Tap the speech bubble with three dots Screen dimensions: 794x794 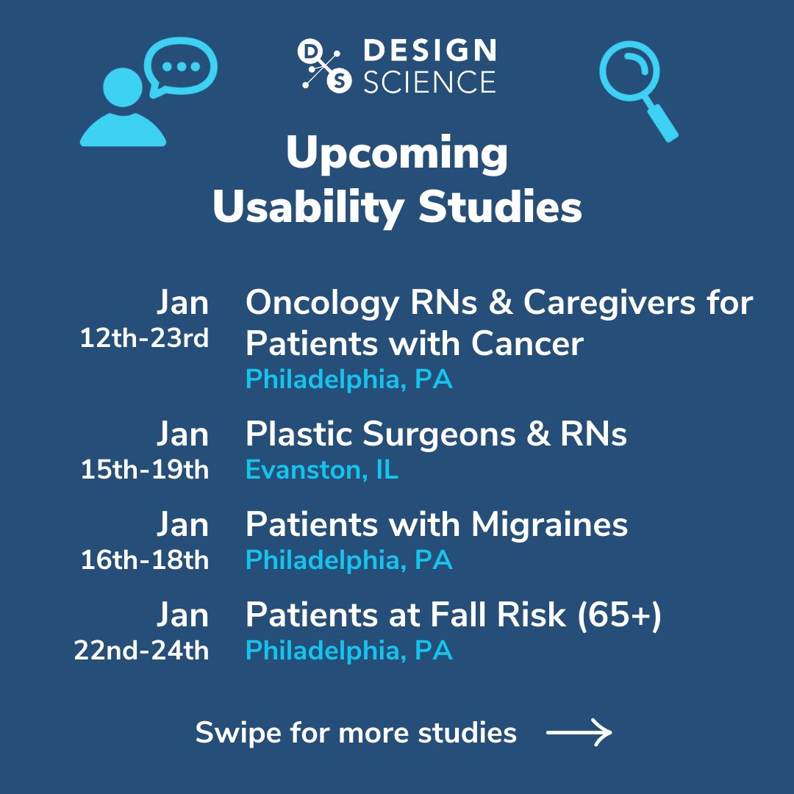[x=180, y=67]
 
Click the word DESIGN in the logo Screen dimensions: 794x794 [x=430, y=51]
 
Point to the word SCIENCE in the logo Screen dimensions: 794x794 [x=430, y=82]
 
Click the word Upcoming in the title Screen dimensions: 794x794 [x=397, y=154]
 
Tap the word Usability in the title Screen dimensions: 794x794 [x=307, y=207]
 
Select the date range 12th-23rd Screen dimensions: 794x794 [x=144, y=339]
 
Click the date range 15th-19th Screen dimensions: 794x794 [x=145, y=470]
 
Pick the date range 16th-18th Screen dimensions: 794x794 [x=145, y=560]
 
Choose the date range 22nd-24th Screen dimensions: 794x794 [x=141, y=651]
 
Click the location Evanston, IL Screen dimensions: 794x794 [x=322, y=470]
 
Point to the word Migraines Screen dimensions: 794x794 [x=549, y=525]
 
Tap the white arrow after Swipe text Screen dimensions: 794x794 [x=579, y=732]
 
